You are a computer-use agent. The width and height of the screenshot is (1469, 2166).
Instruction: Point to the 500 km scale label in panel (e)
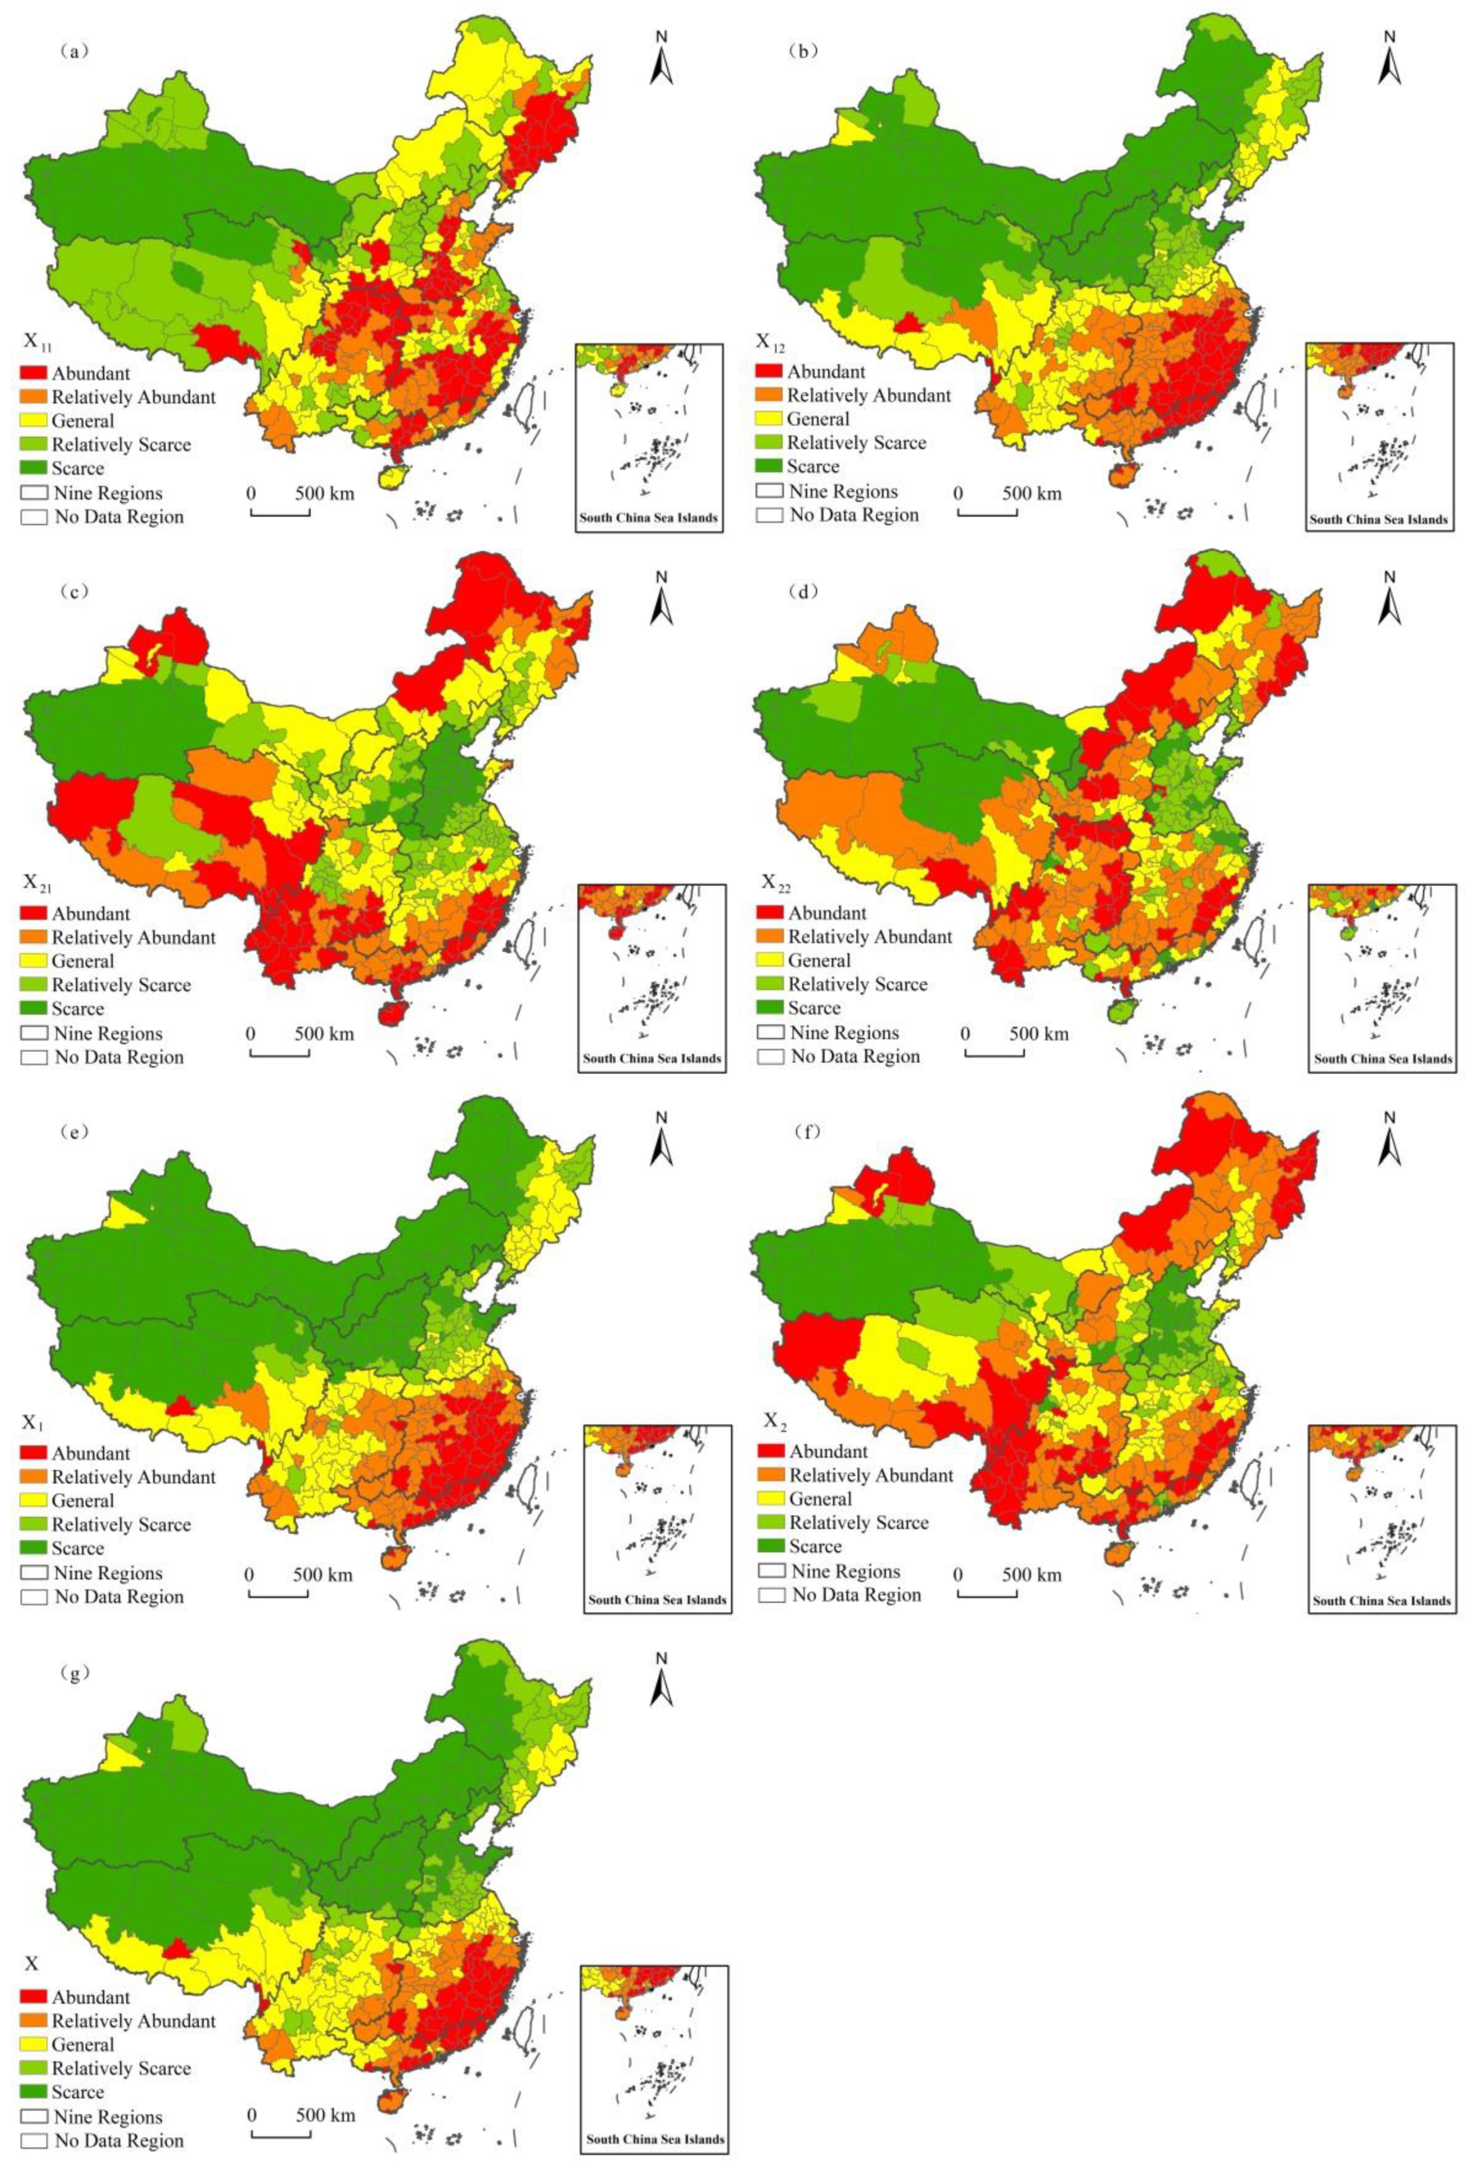[323, 1574]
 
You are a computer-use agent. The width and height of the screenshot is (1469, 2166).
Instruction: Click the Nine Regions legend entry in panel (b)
[842, 491]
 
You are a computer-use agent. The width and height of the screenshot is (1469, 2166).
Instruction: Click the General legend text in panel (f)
[820, 1499]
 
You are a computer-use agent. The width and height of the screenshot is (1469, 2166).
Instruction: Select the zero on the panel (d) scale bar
[965, 1033]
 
